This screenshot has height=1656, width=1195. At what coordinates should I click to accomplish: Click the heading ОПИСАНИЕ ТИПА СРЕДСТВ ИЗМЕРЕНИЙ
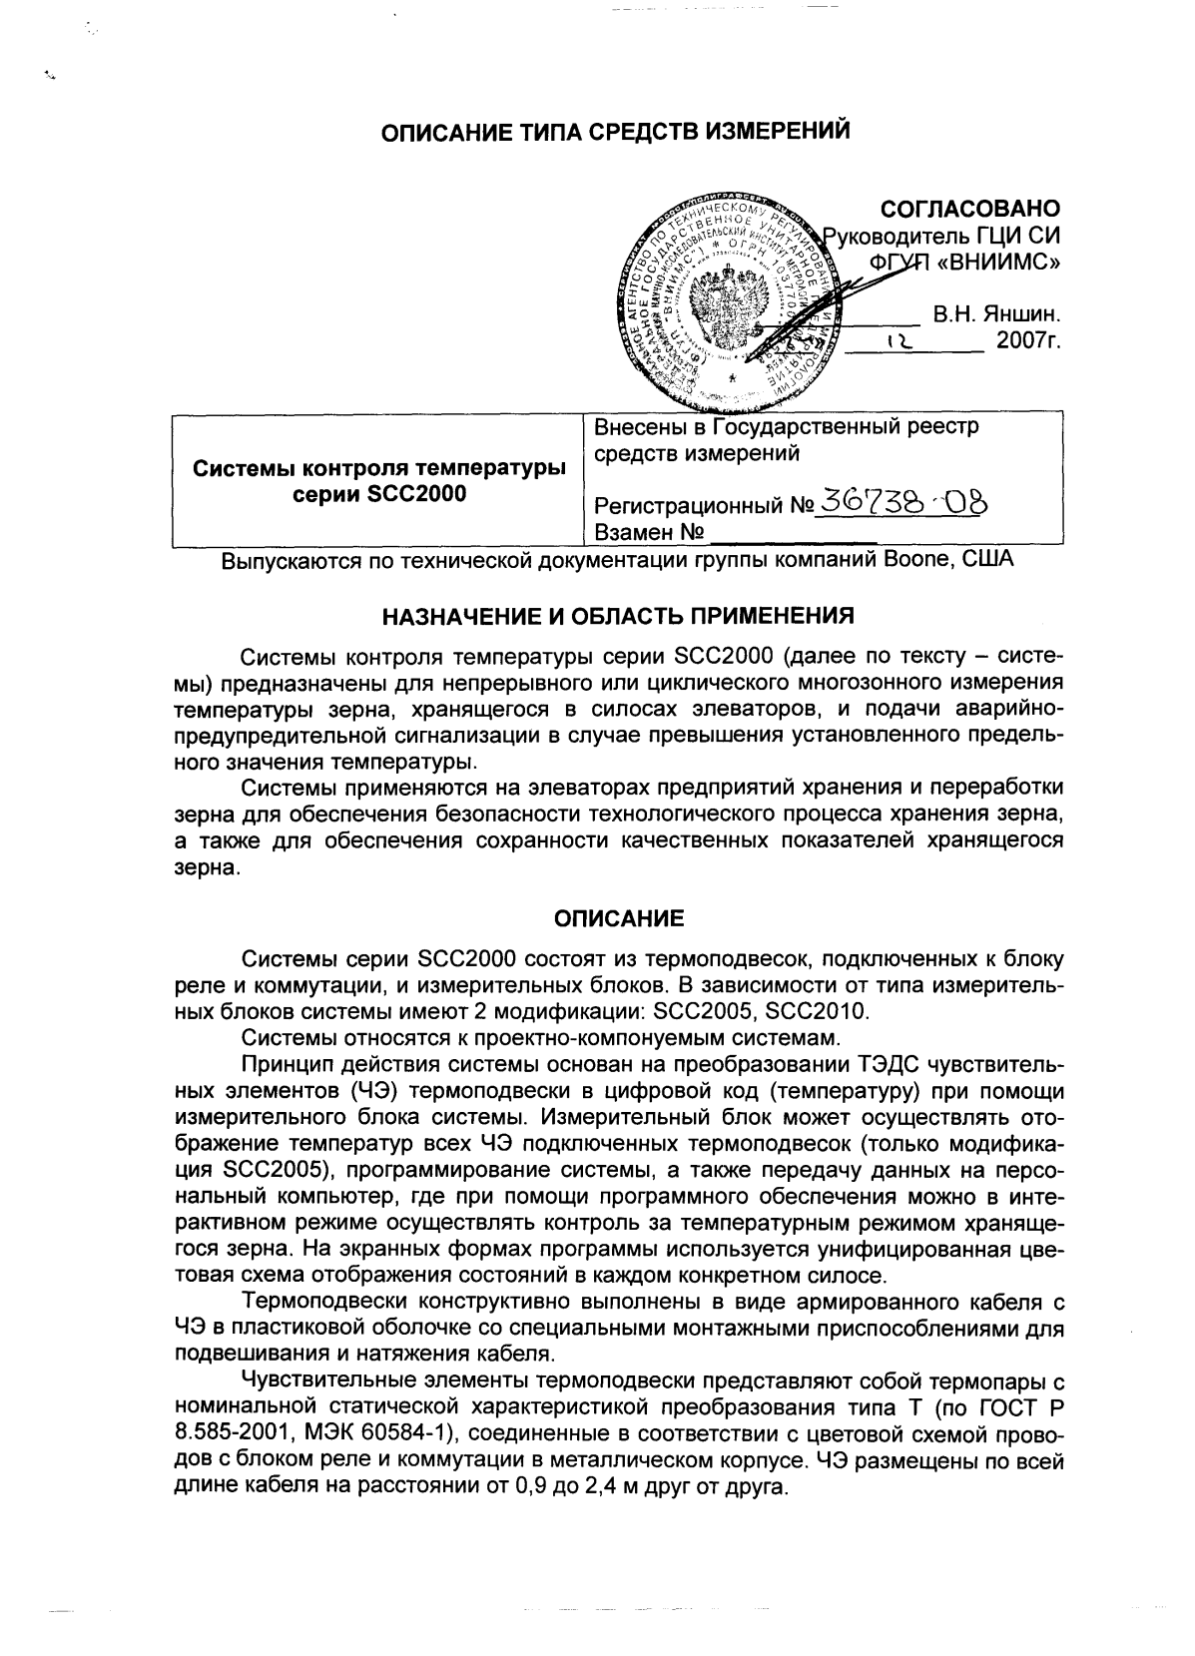pyautogui.click(x=618, y=132)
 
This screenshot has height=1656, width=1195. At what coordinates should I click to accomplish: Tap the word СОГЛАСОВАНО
pyautogui.click(x=968, y=209)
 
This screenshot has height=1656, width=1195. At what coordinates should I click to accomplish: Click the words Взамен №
pyautogui.click(x=650, y=532)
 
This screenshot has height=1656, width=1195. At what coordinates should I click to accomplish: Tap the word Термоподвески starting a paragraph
pyautogui.click(x=318, y=1303)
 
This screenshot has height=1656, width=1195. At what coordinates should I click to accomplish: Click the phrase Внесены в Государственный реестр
pyautogui.click(x=787, y=428)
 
